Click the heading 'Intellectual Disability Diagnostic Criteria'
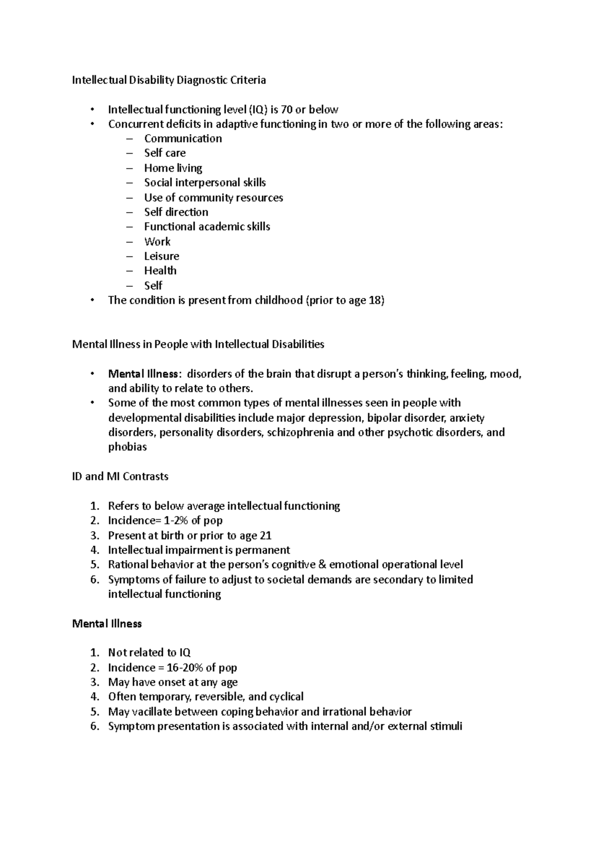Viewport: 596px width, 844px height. (x=169, y=80)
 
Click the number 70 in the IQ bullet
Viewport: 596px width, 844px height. (x=287, y=109)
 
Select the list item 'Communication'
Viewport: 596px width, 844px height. (x=183, y=139)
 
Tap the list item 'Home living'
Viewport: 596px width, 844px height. (x=173, y=168)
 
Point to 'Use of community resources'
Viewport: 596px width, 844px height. (x=214, y=197)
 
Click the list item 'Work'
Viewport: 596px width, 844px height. (x=157, y=242)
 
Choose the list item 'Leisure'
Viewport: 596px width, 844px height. (x=161, y=256)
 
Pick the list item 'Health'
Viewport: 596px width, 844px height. (x=160, y=271)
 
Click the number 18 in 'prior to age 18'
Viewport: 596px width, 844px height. (x=374, y=300)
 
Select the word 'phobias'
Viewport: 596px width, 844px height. (x=127, y=447)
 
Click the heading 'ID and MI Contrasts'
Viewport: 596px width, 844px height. (x=120, y=476)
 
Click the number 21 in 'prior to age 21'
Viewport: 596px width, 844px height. (x=266, y=535)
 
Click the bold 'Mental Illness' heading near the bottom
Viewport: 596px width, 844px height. (x=107, y=623)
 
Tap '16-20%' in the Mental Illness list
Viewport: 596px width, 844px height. (x=183, y=668)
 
